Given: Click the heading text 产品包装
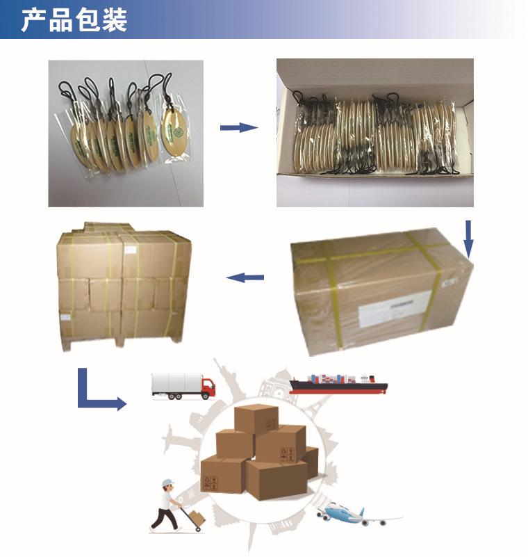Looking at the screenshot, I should point(74,21).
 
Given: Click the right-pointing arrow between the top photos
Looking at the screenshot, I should point(238,127).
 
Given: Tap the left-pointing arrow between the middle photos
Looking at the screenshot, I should point(245,277).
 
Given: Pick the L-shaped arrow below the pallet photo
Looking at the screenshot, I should point(97,394).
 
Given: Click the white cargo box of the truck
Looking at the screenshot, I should point(176,383).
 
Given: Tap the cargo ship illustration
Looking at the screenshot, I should point(338,383).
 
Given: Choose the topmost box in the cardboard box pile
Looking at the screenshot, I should point(256,418).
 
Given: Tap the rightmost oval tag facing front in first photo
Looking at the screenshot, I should point(174,126).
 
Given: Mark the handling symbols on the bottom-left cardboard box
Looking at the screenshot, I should point(208,481).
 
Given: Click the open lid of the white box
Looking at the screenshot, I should point(375,73).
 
